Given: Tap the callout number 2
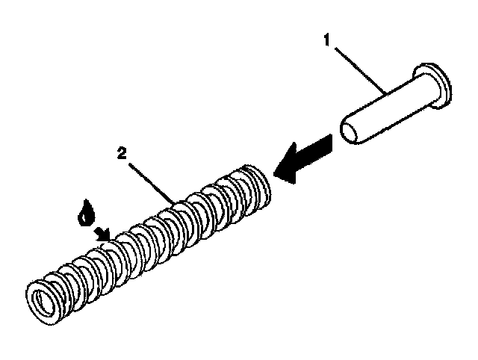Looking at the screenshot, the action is pos(122,154).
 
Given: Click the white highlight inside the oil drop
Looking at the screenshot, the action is pos(85,217).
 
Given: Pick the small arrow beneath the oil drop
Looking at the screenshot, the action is pos(102,235).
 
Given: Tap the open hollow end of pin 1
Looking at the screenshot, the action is pos(349,132).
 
